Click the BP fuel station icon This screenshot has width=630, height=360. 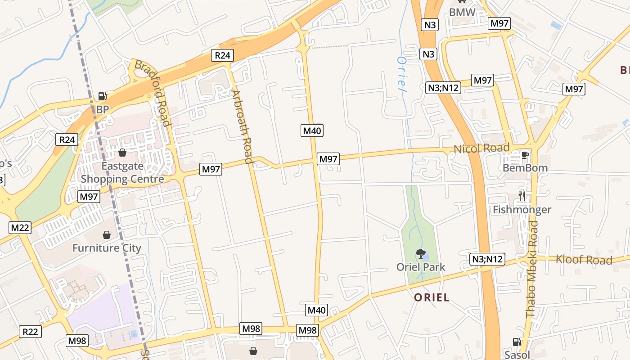coord(103,96)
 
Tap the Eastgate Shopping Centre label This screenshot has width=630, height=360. coord(122,172)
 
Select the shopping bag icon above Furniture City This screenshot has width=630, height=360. coord(107,234)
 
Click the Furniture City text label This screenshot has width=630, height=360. coord(107,248)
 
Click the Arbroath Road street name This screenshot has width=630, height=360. coord(242,126)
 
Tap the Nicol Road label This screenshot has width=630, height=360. coord(481,148)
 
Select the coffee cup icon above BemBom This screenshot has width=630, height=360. coord(524,155)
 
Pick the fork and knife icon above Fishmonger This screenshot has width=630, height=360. coord(522,196)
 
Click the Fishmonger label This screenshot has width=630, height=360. coord(522,210)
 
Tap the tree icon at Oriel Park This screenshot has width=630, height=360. coord(420,254)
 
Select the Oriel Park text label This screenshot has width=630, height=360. coord(421,267)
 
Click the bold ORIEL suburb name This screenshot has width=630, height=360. coord(432,297)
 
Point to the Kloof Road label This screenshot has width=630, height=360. coord(584,260)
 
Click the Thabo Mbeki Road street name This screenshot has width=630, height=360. coord(532,269)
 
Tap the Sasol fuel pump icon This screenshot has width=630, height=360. coord(517,342)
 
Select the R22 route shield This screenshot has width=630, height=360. coord(31,332)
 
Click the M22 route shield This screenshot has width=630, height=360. coord(20,227)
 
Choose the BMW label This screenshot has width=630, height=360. coord(462,12)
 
